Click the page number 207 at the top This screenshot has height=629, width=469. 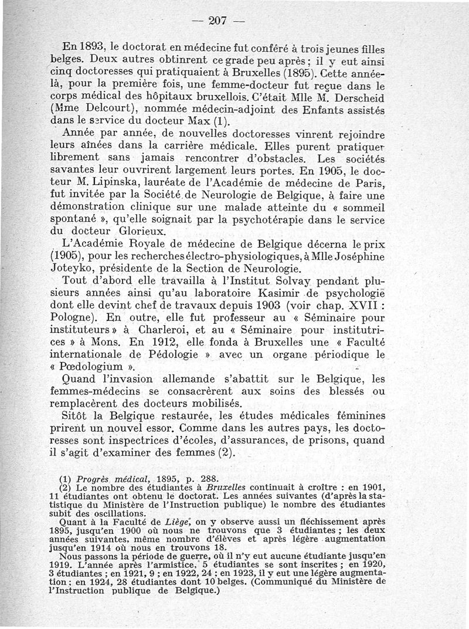tap(217, 21)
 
